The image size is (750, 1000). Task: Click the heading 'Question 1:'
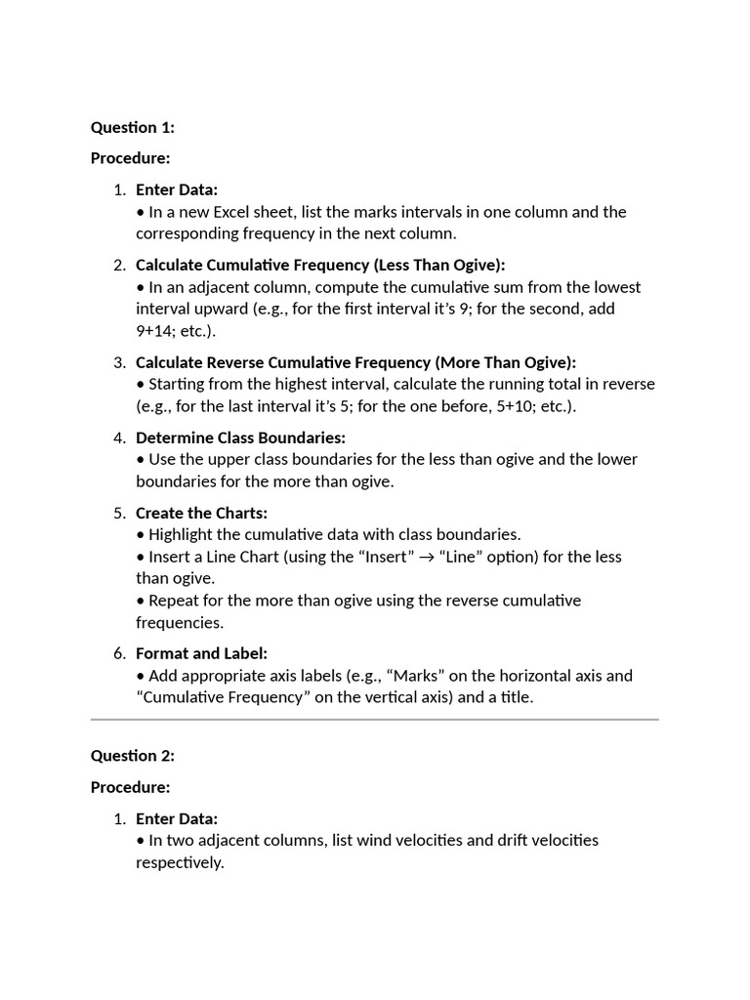click(x=132, y=127)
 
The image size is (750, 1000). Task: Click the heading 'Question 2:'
click(x=132, y=756)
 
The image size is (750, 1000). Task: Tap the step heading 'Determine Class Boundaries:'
click(x=240, y=437)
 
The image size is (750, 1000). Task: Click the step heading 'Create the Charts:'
click(x=201, y=513)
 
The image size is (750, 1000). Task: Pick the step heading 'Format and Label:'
click(x=201, y=653)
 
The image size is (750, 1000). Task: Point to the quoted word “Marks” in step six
click(x=472, y=676)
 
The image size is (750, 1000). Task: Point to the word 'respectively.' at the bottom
click(x=180, y=863)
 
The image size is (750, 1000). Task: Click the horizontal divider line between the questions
click(x=375, y=720)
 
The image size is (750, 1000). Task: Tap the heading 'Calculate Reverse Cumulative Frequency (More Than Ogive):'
click(x=355, y=362)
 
